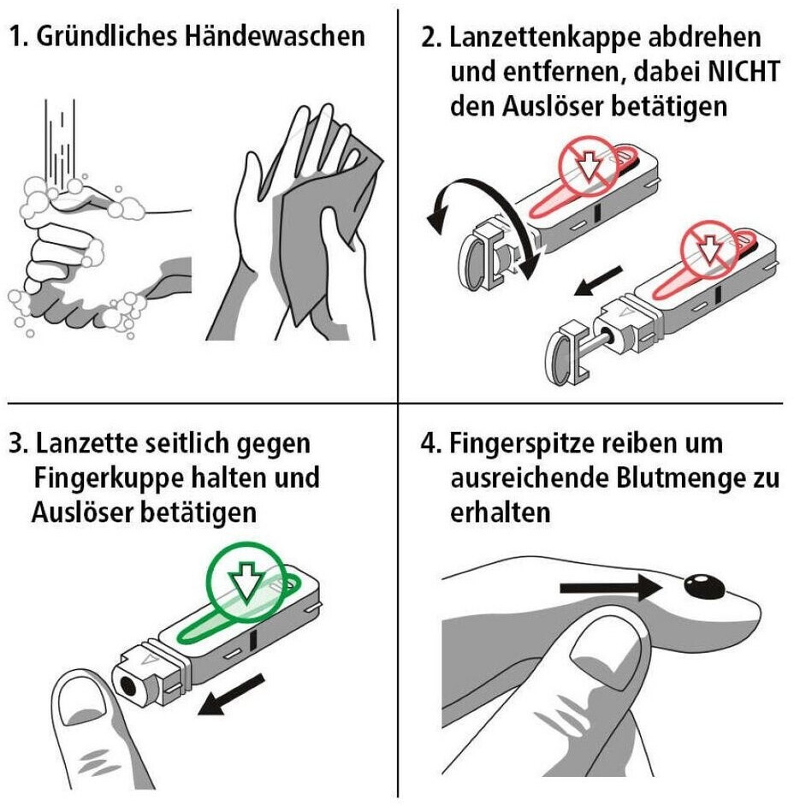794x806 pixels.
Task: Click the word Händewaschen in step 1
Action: (275, 37)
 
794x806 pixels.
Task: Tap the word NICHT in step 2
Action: (744, 72)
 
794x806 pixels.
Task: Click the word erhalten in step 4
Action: (500, 513)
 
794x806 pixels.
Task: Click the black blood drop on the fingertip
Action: (703, 586)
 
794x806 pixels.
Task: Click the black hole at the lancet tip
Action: (127, 684)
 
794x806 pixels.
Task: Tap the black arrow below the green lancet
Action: (231, 696)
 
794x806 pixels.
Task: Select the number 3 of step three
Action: (16, 443)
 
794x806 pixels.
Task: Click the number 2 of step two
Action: (430, 38)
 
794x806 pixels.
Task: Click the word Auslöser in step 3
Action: (83, 513)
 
